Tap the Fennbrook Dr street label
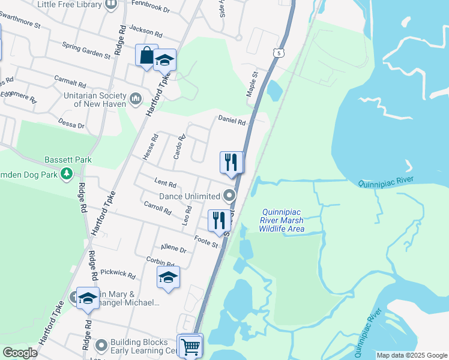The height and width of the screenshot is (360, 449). coord(151,10)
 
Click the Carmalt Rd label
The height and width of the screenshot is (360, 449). coord(70,82)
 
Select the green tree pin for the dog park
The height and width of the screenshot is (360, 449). coord(67,175)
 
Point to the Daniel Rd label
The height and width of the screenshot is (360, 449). coord(232,121)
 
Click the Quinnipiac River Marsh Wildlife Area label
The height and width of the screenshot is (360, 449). coord(282,220)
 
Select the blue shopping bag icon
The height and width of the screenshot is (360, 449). coord(146,56)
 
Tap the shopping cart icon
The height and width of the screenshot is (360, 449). coord(190,346)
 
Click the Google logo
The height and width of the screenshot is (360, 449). coord(20,352)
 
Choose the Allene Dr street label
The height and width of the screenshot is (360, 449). coord(174,248)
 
